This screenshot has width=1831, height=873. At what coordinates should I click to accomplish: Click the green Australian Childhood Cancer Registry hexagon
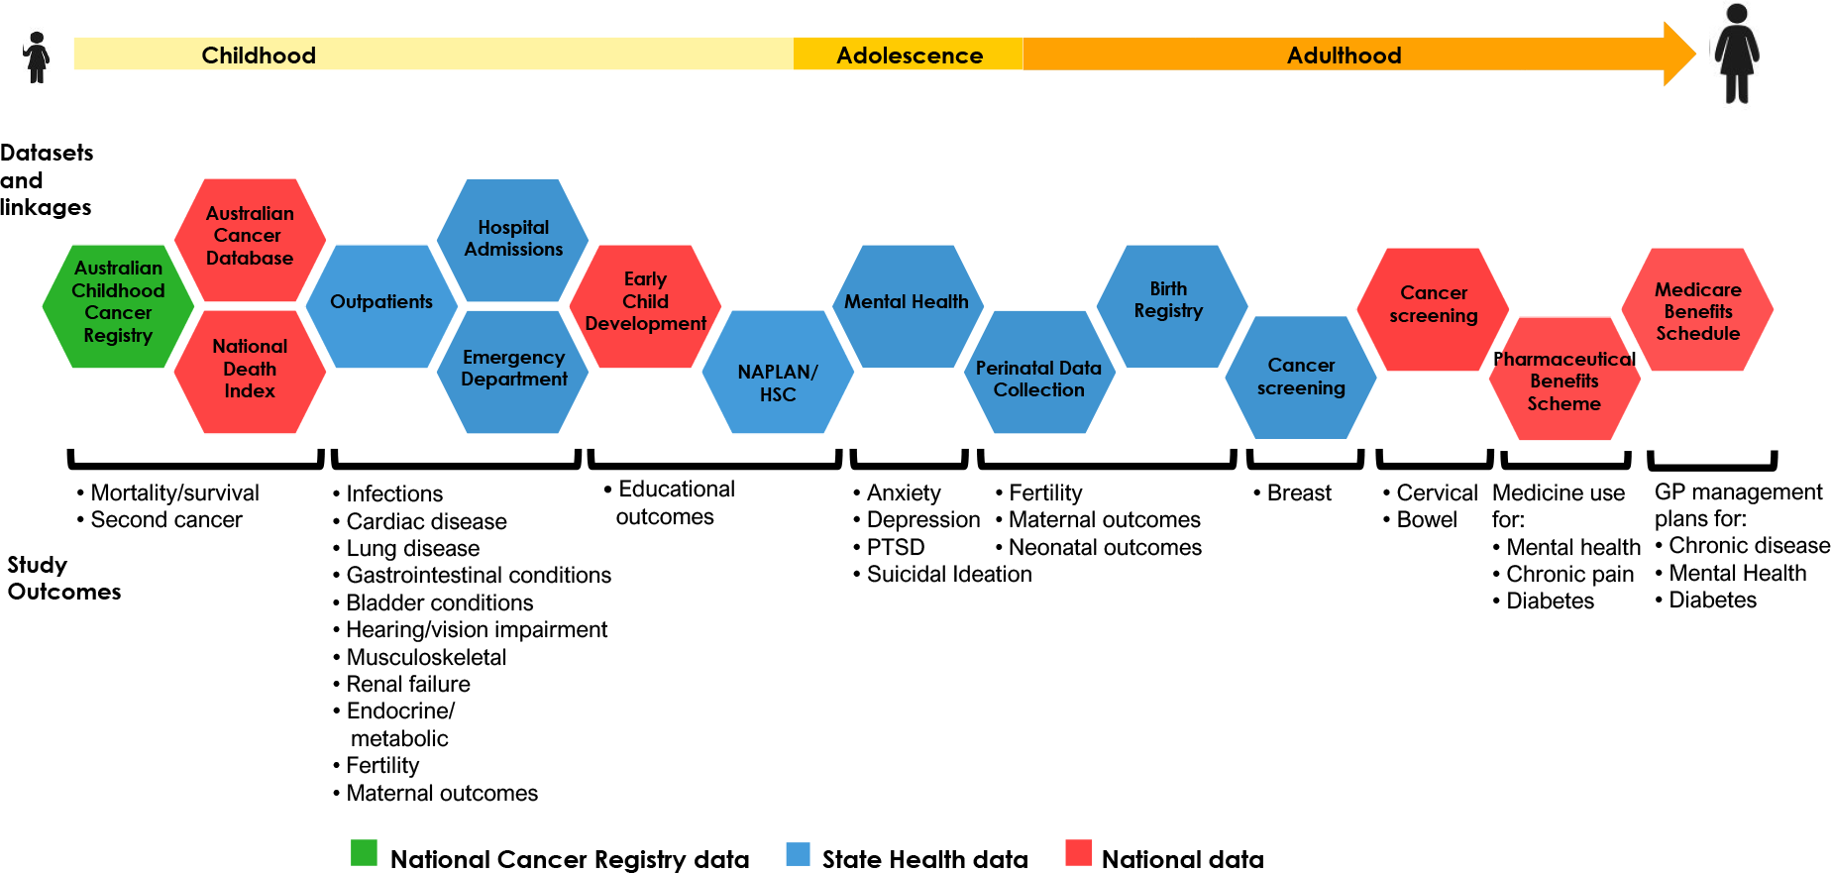(118, 306)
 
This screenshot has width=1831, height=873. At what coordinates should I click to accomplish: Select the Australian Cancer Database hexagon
(250, 240)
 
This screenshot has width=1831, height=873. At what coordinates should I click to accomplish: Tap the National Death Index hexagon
(250, 372)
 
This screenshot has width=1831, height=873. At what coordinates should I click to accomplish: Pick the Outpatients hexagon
(381, 306)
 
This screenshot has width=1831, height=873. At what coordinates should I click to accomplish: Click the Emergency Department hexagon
(513, 372)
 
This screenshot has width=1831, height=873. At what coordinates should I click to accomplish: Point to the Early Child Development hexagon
(645, 306)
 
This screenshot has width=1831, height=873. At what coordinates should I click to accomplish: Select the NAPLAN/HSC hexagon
(778, 372)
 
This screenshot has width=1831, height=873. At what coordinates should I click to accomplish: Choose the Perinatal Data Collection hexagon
(1039, 372)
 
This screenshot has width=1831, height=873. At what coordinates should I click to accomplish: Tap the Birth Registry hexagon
(1171, 306)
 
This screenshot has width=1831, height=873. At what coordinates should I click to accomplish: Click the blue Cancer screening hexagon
(1301, 378)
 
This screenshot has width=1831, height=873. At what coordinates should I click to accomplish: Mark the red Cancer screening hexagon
(1433, 309)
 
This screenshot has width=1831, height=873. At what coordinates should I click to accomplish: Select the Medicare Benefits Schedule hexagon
(1697, 309)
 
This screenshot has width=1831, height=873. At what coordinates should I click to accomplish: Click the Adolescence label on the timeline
(910, 55)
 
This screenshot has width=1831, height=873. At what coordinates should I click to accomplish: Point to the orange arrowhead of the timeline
(1679, 54)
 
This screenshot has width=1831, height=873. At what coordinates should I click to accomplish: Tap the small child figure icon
(37, 57)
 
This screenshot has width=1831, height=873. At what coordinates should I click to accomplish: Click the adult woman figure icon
(1737, 54)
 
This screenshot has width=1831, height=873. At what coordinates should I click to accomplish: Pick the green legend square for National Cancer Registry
(364, 853)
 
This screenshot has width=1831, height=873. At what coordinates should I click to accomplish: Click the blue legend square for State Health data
(798, 854)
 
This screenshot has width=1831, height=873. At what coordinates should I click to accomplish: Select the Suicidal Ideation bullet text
(949, 574)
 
